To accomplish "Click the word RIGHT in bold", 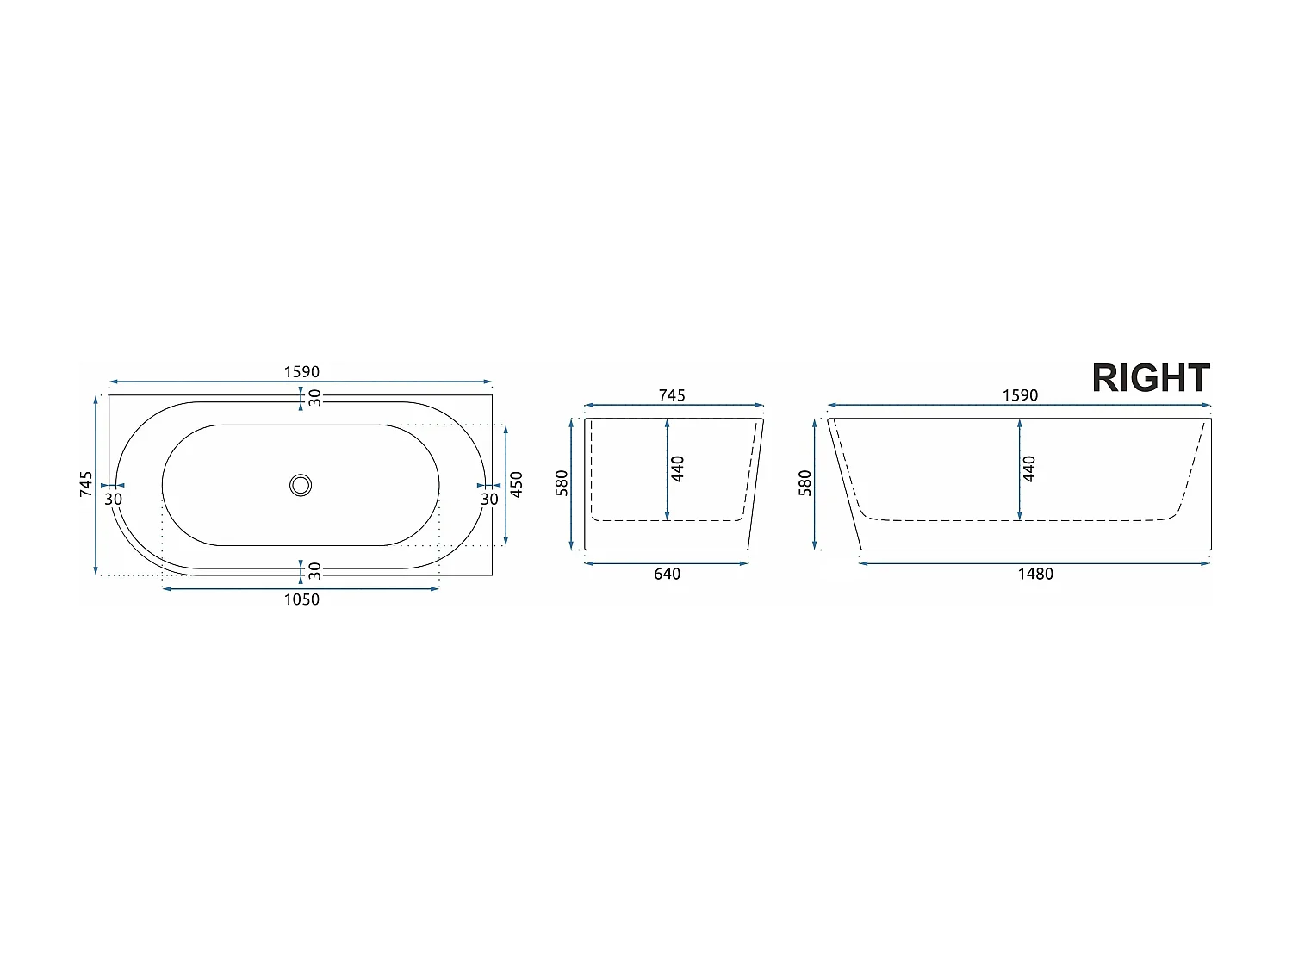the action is coord(1150,378).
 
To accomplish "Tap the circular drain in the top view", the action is coord(301,486).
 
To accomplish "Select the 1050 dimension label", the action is coord(301,599).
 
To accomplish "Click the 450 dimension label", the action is coord(516,484).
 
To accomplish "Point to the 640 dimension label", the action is coord(667,574).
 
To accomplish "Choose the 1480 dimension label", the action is coord(1035,574).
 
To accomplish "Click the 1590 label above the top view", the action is coord(301,372).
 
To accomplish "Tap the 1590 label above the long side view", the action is coord(1020,395).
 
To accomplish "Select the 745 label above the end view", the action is coord(672,395).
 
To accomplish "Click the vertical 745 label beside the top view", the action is coord(86,483).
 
